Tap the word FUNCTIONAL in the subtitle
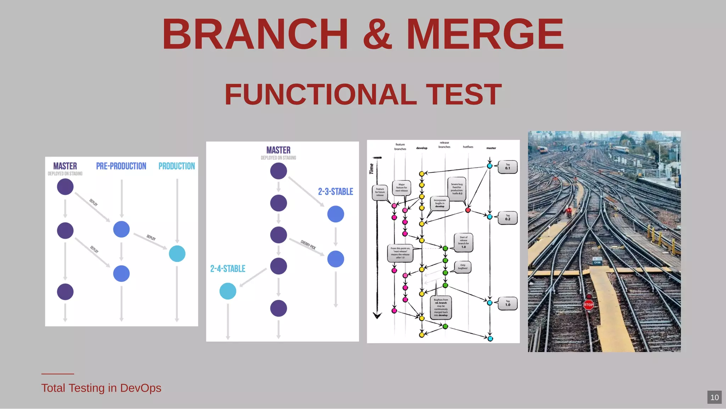pyautogui.click(x=320, y=94)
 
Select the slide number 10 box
pyautogui.click(x=714, y=397)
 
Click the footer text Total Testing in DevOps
pyautogui.click(x=101, y=388)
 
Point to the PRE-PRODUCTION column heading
pyautogui.click(x=121, y=166)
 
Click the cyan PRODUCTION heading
pyautogui.click(x=177, y=166)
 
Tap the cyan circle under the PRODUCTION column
pyautogui.click(x=177, y=253)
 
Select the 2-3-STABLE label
pyautogui.click(x=335, y=192)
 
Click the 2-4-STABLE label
pyautogui.click(x=228, y=269)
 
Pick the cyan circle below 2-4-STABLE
pyautogui.click(x=228, y=291)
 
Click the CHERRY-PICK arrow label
pyautogui.click(x=308, y=245)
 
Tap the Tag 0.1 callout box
pyautogui.click(x=508, y=167)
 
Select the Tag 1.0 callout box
pyautogui.click(x=508, y=304)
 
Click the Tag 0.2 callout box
pyautogui.click(x=508, y=217)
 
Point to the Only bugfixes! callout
pyautogui.click(x=463, y=267)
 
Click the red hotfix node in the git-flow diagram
pyautogui.click(x=468, y=210)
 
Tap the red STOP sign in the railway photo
pyautogui.click(x=588, y=305)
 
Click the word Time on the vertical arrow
pyautogui.click(x=372, y=169)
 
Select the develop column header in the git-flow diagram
pyautogui.click(x=421, y=148)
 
